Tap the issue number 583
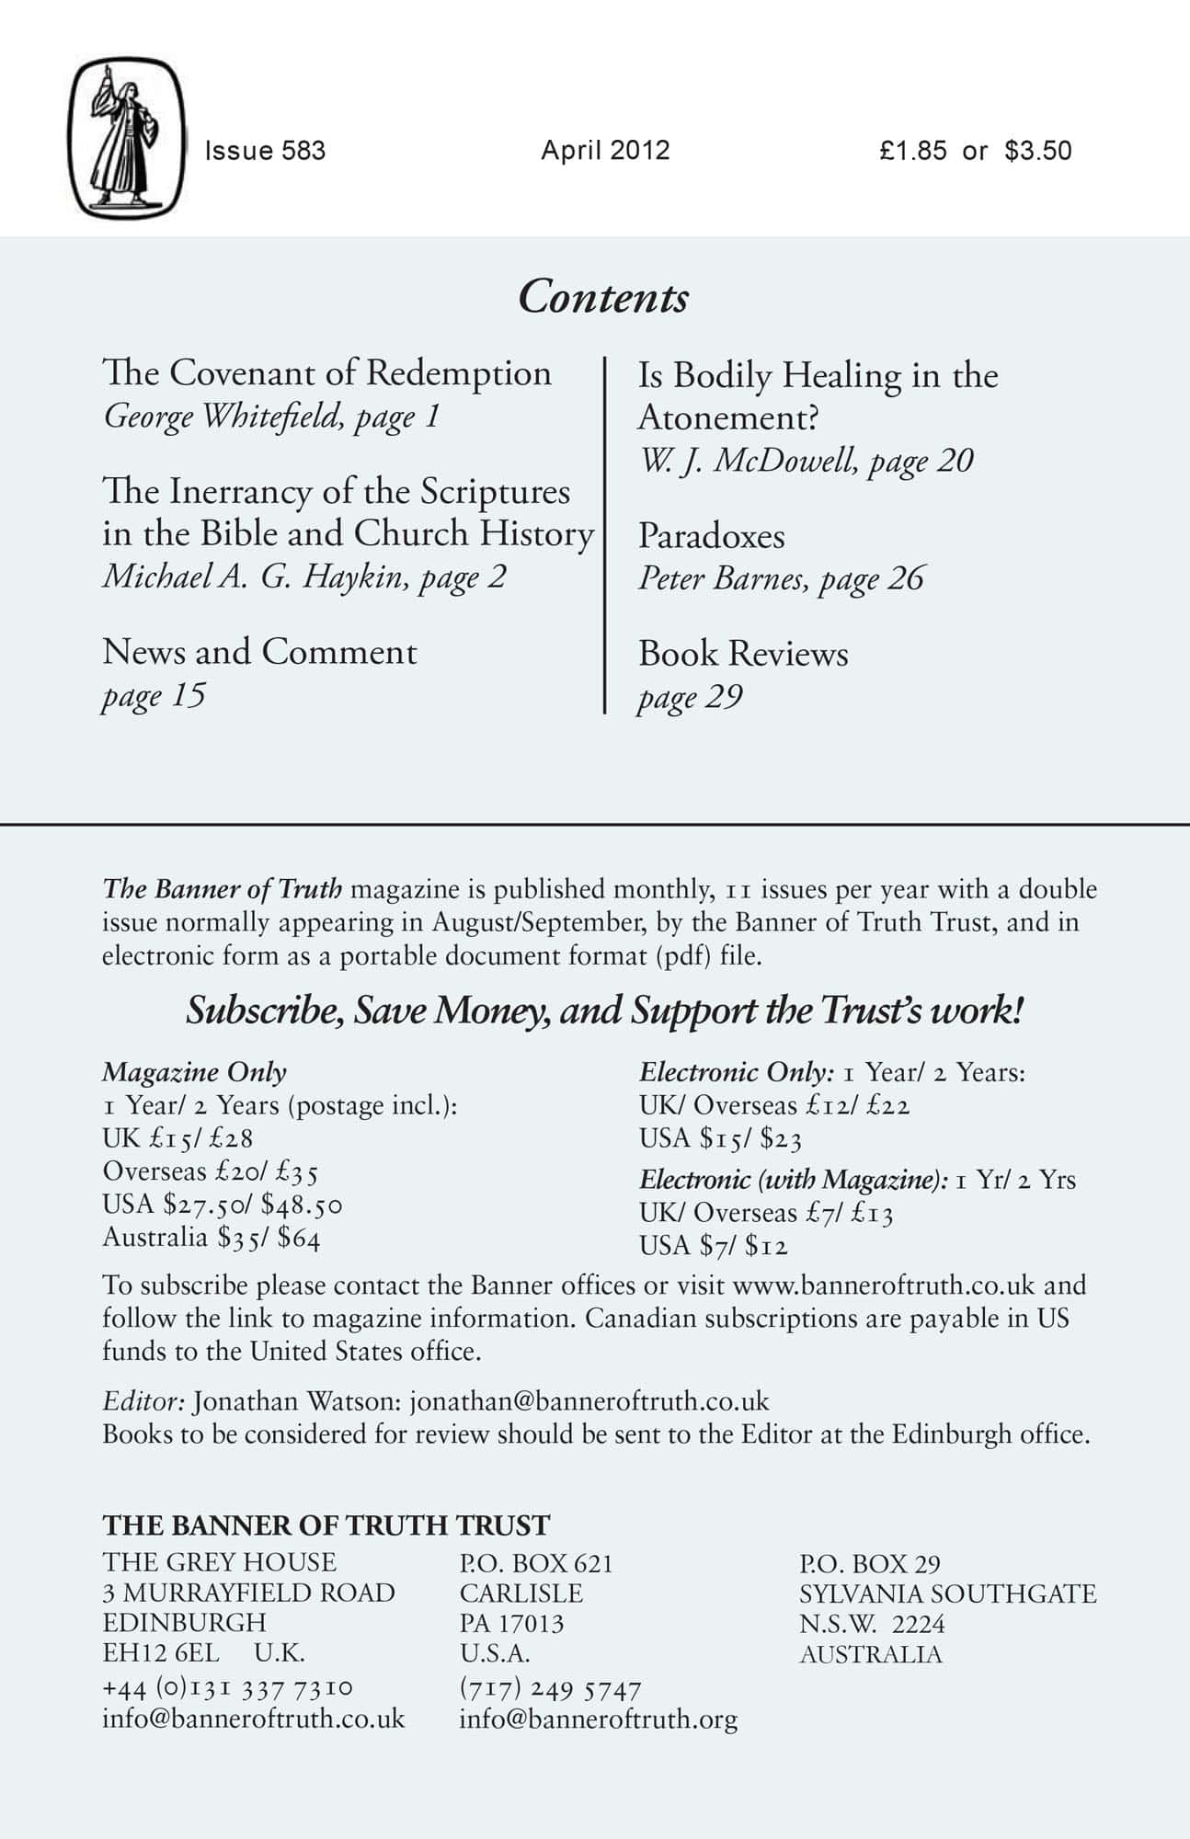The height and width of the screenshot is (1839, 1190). click(x=304, y=151)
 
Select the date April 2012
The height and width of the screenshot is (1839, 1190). click(x=605, y=151)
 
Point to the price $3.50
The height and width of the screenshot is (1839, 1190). click(x=1038, y=151)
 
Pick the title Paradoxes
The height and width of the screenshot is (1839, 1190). click(x=712, y=536)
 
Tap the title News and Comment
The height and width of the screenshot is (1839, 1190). click(x=259, y=652)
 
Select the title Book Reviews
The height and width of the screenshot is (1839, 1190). click(x=743, y=654)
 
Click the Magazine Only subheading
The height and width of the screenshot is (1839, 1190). click(x=194, y=1072)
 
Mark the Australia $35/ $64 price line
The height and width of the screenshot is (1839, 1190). click(x=212, y=1238)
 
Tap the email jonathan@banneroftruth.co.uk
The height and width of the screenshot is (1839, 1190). click(x=589, y=1401)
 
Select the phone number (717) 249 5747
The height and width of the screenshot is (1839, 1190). click(x=550, y=1689)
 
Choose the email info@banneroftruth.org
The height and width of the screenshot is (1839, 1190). click(x=598, y=1719)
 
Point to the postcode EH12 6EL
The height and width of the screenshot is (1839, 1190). click(x=161, y=1652)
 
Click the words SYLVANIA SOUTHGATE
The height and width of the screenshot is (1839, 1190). click(x=947, y=1593)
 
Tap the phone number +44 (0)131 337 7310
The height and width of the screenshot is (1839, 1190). click(x=227, y=1688)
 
